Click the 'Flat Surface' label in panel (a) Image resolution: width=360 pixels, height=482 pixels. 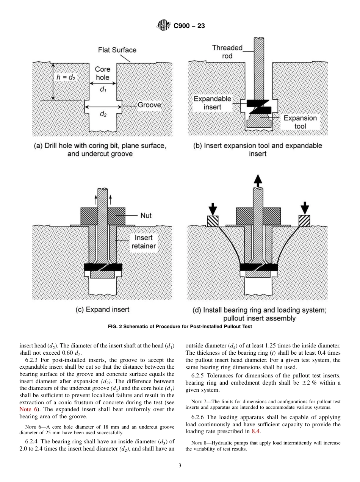click(x=117, y=50)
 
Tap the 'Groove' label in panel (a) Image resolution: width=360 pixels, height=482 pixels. click(x=149, y=105)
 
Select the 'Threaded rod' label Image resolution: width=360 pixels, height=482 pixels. click(x=227, y=52)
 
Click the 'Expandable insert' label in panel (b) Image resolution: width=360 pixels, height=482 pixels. click(x=212, y=103)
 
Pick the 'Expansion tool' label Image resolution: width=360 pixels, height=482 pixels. click(x=300, y=122)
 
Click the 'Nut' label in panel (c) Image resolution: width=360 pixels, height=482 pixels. click(x=146, y=215)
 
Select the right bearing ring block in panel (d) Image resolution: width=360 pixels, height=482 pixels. click(x=304, y=221)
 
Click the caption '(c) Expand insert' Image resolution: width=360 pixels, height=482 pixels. click(x=102, y=310)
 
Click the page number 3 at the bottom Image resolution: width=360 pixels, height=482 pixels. click(x=180, y=466)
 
